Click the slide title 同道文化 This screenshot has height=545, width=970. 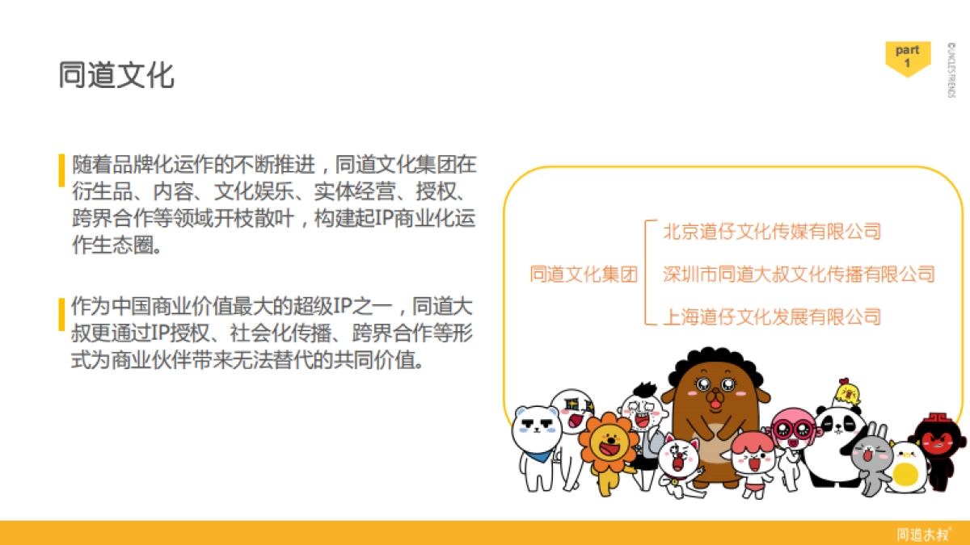[116, 75]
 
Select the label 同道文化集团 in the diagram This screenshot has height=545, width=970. [584, 275]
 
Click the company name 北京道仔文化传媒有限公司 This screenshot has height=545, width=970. [771, 232]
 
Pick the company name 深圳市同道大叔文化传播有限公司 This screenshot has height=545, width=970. [799, 275]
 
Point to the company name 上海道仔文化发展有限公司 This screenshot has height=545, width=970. [771, 317]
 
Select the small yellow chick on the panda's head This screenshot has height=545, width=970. [846, 393]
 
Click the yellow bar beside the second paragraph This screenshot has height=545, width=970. [61, 314]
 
